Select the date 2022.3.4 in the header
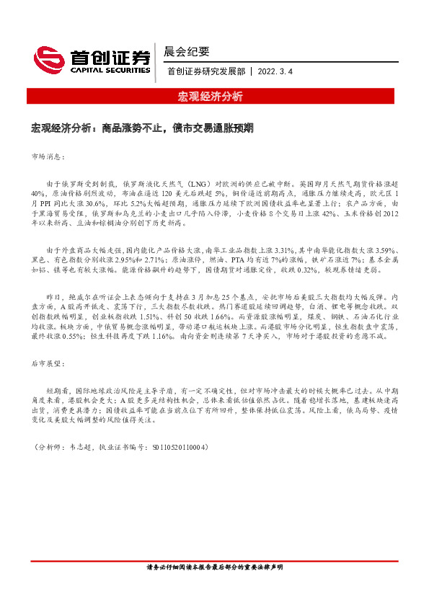tap(276, 71)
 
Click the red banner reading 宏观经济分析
tap(210, 97)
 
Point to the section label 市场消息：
tap(49, 156)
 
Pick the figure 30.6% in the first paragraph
tap(95, 204)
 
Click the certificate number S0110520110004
tap(178, 448)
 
